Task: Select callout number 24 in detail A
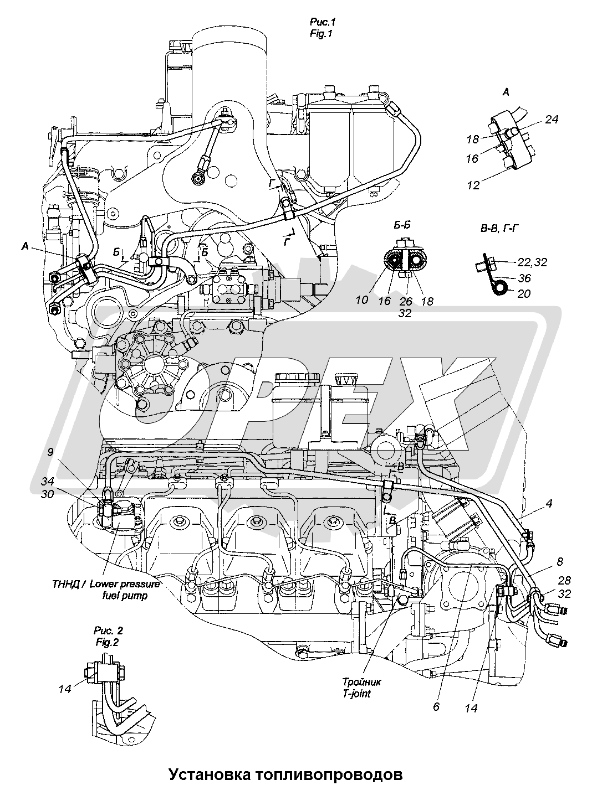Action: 552,119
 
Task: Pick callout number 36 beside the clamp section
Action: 523,277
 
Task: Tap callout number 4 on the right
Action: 548,504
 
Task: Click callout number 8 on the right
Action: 560,561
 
